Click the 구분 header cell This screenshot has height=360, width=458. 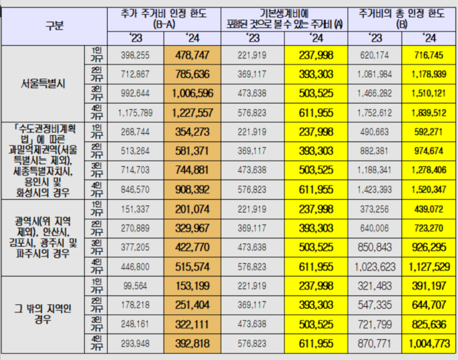(x=55, y=26)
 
